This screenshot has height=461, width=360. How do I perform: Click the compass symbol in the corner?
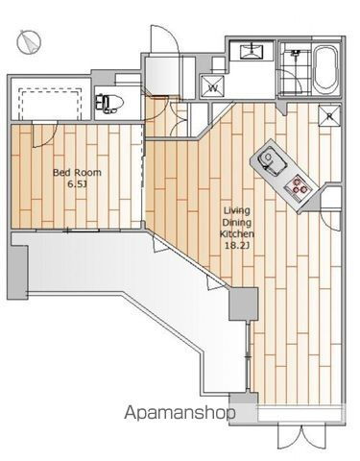(x=29, y=41)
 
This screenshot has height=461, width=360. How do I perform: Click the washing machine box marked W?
(x=212, y=86)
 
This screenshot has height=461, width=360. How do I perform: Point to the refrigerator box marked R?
(x=329, y=116)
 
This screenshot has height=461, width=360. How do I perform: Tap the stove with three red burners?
(x=297, y=188)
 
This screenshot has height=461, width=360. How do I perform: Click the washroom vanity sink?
(x=252, y=51)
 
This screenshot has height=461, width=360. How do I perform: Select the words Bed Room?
(x=77, y=173)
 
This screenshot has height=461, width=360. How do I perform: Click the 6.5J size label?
(x=77, y=184)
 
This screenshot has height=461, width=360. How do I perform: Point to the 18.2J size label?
(x=237, y=246)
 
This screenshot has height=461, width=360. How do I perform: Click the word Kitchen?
(x=237, y=234)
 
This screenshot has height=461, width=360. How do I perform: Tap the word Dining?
(x=237, y=223)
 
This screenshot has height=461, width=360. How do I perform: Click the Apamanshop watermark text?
(x=180, y=413)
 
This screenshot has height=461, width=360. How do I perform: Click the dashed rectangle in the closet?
(x=49, y=104)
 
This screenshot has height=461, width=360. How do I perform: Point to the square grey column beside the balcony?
(x=243, y=303)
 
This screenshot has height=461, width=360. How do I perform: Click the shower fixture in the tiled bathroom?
(x=295, y=55)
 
